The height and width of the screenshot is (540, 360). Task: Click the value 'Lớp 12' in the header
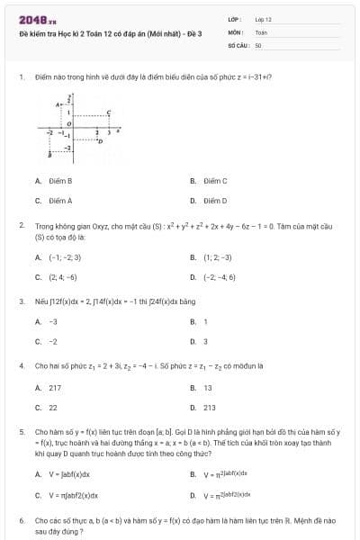(263, 19)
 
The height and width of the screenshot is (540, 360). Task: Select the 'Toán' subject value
(261, 31)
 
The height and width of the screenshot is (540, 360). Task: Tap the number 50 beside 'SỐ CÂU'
(258, 43)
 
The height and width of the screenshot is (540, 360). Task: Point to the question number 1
(21, 77)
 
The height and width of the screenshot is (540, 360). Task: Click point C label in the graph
(109, 112)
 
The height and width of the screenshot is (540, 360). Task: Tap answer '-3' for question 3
(53, 321)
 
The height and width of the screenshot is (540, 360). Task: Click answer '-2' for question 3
(53, 341)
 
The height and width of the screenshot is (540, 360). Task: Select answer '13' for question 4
(208, 388)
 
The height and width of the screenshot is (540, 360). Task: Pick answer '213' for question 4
(209, 408)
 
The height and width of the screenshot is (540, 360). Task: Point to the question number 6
(21, 521)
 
